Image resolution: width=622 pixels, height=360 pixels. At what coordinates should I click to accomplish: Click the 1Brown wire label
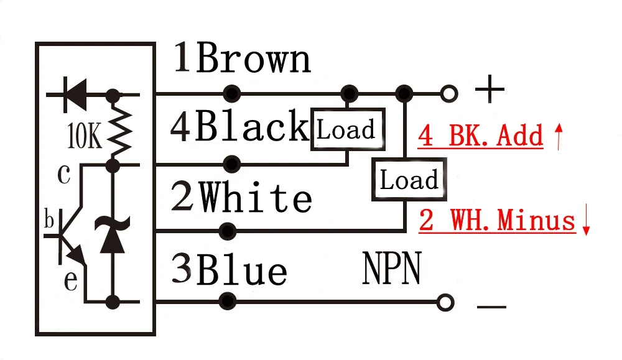[x=242, y=58]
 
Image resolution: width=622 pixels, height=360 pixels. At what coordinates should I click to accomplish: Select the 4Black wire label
[x=239, y=126]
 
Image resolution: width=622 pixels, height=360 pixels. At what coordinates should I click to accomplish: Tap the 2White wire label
[x=241, y=196]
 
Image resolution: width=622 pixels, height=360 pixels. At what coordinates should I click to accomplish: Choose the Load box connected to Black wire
[x=348, y=129]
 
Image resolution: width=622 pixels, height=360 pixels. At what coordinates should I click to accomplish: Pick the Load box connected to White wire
[x=409, y=179]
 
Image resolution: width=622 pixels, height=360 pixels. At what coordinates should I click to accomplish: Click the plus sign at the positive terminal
[x=490, y=89]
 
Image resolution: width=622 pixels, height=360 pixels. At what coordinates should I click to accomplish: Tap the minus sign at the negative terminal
[x=491, y=307]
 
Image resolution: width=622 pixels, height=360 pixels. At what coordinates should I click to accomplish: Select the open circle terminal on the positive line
[x=449, y=94]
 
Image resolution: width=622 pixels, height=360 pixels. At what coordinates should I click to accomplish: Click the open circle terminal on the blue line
[x=445, y=303]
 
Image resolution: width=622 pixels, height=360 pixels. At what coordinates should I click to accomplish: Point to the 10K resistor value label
[x=84, y=136]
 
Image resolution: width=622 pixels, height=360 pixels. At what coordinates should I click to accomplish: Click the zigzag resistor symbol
[x=119, y=130]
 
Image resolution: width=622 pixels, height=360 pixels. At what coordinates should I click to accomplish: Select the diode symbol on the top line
[x=75, y=95]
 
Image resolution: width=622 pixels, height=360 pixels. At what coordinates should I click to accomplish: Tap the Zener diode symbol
[x=112, y=234]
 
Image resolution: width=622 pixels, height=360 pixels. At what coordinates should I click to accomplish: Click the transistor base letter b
[x=49, y=220]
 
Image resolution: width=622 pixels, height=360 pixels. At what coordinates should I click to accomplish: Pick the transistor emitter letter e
[x=71, y=280]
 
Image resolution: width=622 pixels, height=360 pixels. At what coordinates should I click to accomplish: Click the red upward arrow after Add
[x=559, y=136]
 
